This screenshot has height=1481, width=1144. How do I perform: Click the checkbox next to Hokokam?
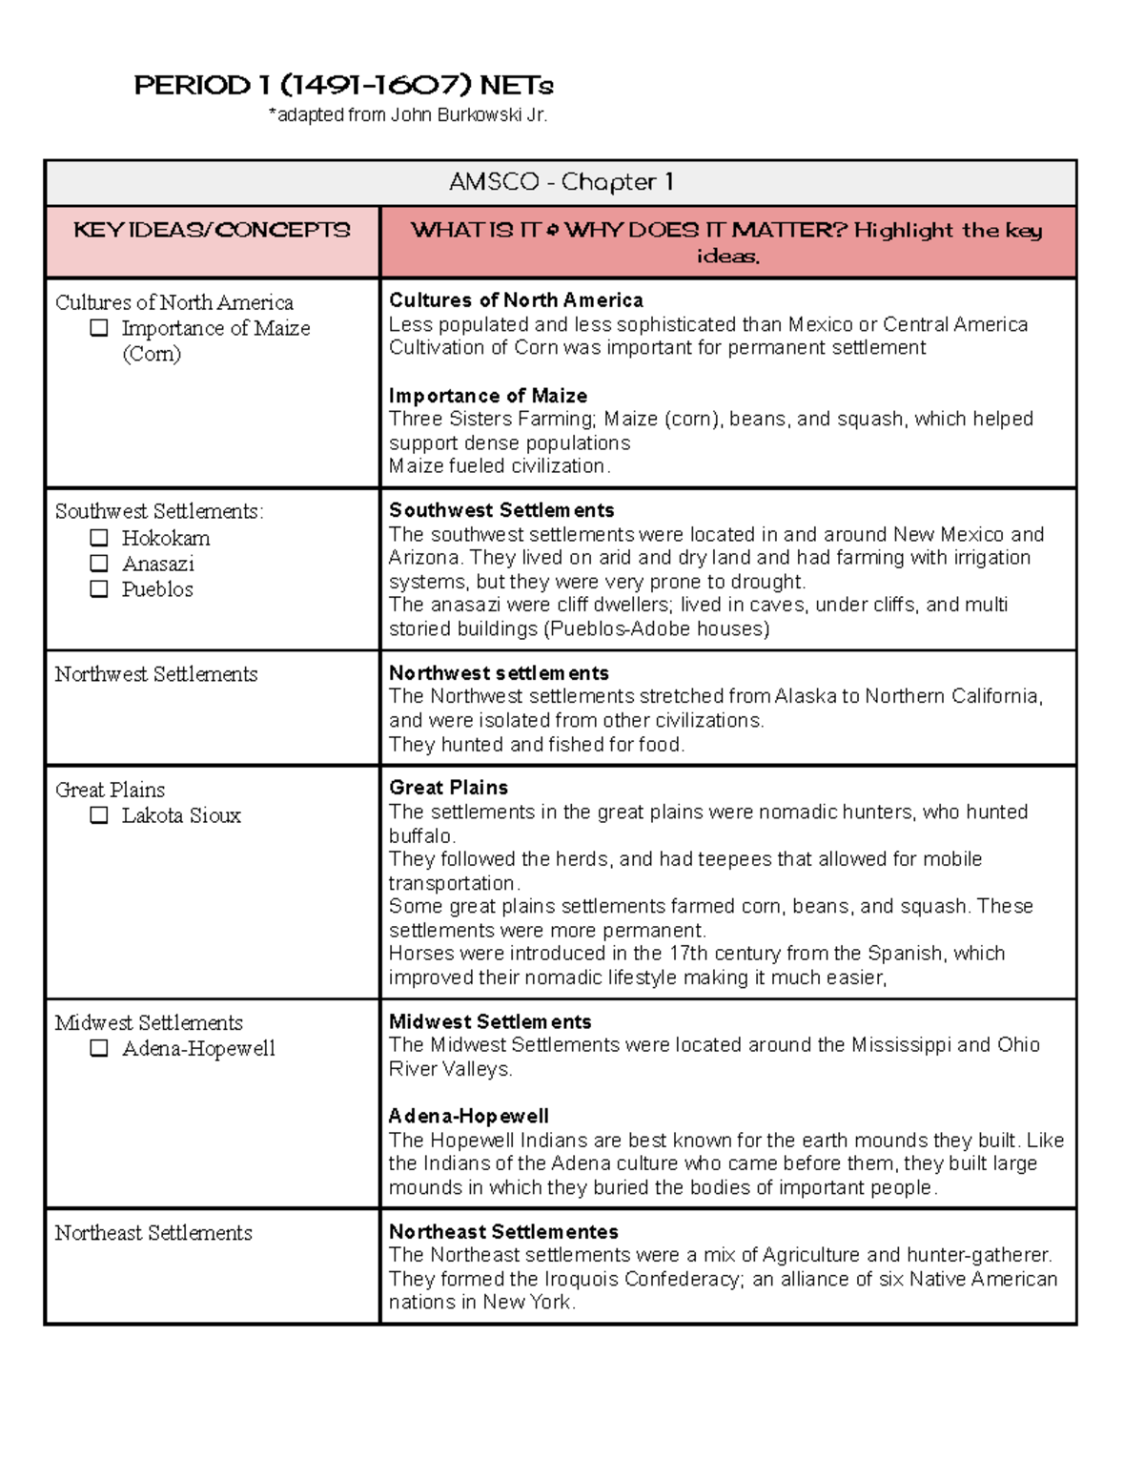point(99,538)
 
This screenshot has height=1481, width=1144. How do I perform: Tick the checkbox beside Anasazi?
point(99,564)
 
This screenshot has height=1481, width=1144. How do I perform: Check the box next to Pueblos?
point(99,589)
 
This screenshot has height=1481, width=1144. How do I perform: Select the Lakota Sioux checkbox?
point(99,815)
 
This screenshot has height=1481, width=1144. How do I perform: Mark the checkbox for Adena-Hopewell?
point(99,1048)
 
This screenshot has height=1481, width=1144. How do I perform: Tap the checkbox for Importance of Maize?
point(99,328)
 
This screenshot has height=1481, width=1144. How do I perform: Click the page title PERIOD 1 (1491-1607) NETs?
point(343,86)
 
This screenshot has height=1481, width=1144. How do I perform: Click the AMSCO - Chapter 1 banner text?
point(561,182)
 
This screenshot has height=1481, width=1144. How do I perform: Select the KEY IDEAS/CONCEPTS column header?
point(212,230)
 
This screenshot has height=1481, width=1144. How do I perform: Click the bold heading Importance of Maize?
point(487,396)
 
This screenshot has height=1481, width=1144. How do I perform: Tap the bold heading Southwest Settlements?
point(500,510)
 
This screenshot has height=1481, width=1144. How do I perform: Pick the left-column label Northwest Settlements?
point(156,674)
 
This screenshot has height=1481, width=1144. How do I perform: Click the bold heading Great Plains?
point(448,788)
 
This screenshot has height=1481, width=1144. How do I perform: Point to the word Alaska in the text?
point(805,696)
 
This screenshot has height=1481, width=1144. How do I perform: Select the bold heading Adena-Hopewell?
point(468,1116)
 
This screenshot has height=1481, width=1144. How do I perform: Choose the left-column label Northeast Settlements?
point(153,1233)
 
